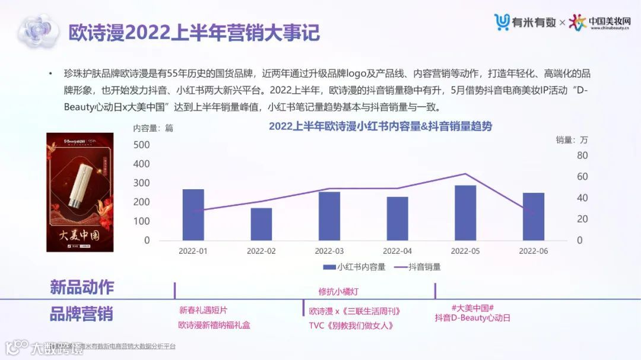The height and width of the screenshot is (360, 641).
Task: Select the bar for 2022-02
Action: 261,224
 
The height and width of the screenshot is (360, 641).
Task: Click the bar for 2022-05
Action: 465,213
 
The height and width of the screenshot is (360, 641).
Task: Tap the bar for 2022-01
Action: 193,215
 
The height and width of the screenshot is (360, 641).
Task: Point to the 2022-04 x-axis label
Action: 397,251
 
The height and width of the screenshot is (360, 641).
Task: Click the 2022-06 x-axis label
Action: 533,251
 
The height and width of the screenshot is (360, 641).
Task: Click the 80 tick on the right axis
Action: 582,155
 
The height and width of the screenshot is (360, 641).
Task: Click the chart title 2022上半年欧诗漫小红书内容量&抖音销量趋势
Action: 380,126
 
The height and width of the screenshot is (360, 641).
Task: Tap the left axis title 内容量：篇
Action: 153,128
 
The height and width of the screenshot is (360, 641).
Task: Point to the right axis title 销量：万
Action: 572,140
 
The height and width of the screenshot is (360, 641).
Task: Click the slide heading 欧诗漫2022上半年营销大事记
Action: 193,32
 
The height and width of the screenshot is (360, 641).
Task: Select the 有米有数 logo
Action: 525,23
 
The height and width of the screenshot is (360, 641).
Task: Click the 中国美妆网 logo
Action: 599,23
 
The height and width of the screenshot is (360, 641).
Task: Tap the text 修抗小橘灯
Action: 338,292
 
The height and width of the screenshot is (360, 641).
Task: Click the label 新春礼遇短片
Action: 203,310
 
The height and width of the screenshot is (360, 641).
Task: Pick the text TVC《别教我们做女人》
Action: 351,326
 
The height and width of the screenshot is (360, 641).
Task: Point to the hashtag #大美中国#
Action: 473,308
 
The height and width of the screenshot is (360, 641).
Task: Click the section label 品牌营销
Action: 81,314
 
